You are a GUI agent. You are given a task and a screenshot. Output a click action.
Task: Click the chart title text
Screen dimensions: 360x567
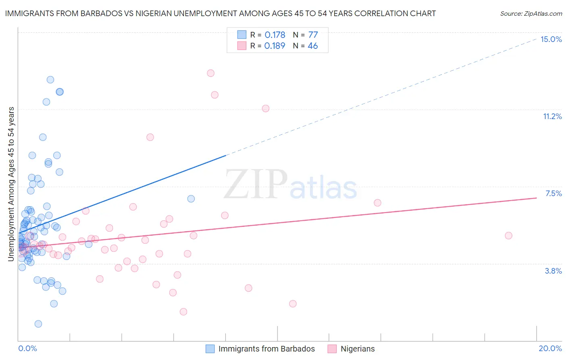(x=220, y=13)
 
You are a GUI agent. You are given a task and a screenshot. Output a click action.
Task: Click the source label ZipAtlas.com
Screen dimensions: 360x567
(x=531, y=13)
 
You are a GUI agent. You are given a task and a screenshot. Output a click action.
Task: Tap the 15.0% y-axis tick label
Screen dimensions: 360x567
(x=551, y=39)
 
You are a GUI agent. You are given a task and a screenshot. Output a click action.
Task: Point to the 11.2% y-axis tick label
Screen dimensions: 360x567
(x=552, y=116)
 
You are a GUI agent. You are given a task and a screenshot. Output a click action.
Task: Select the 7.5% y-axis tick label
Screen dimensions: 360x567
(x=553, y=193)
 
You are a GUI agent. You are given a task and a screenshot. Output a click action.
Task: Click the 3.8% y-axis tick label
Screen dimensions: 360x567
(x=553, y=271)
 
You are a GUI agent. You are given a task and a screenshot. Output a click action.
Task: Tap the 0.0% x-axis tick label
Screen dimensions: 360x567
(x=27, y=348)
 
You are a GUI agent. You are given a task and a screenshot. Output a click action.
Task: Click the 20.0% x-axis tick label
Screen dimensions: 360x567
(x=550, y=348)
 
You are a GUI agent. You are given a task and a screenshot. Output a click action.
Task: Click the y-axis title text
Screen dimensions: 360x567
(x=11, y=184)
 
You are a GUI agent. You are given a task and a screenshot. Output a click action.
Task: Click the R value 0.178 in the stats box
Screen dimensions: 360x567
(x=275, y=35)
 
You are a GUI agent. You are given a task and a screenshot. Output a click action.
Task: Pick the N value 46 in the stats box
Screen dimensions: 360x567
(x=313, y=46)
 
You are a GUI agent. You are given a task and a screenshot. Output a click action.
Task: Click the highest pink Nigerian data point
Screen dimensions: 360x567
(x=211, y=73)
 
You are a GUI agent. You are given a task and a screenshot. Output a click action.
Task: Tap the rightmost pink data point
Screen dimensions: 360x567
(x=509, y=236)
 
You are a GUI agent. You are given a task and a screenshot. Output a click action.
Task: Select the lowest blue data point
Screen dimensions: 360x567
(x=38, y=324)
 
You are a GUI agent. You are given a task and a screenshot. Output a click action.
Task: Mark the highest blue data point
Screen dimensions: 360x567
(x=50, y=80)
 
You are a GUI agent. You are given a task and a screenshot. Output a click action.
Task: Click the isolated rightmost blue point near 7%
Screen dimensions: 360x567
(x=191, y=199)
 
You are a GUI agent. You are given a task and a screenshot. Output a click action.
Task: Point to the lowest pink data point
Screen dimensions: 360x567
(x=183, y=312)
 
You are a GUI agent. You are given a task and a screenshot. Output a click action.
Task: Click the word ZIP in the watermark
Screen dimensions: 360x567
(x=256, y=184)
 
